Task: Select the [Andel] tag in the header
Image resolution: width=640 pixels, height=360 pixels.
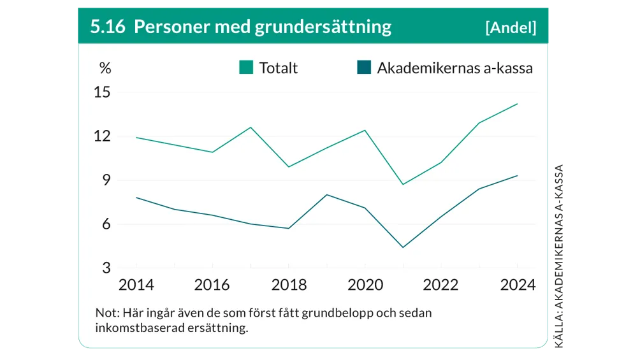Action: (510, 27)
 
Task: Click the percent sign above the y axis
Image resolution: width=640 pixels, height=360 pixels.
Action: (105, 68)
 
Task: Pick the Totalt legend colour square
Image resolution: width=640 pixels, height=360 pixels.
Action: (246, 68)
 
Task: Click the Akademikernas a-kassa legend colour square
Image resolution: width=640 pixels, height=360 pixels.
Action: (364, 68)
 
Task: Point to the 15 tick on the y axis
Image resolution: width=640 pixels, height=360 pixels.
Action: (102, 92)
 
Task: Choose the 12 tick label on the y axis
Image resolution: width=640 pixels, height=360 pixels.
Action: (102, 136)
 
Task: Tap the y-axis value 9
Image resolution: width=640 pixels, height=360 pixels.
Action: (106, 180)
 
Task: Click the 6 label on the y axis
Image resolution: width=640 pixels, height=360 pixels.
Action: (106, 224)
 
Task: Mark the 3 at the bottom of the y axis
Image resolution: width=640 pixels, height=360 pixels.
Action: (106, 268)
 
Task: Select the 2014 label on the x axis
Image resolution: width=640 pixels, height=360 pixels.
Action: (136, 285)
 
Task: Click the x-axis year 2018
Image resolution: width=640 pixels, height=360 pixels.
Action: (289, 285)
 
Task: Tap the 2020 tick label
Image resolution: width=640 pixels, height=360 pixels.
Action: (365, 285)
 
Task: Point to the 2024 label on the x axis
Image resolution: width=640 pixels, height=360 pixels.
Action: (517, 285)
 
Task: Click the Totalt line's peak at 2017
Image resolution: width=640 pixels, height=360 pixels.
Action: (251, 127)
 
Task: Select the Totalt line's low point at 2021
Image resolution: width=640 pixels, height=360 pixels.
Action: (402, 184)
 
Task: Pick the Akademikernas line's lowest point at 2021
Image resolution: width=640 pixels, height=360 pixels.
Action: (402, 247)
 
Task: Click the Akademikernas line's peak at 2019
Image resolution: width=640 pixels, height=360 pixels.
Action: (326, 194)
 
